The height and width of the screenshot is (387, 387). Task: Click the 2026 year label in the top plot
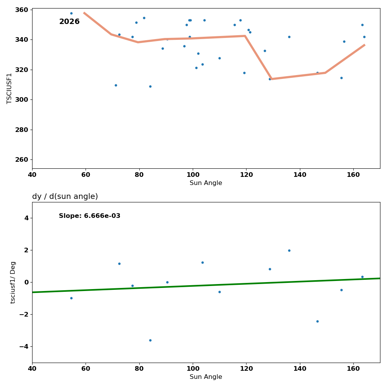click(x=69, y=22)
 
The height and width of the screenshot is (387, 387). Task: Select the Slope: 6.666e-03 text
click(x=89, y=216)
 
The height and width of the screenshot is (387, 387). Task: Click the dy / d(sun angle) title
click(x=65, y=197)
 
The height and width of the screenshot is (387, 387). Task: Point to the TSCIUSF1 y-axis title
click(x=9, y=88)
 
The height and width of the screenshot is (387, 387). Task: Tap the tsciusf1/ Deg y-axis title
click(x=13, y=282)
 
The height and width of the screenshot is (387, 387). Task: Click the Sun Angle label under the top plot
click(x=206, y=183)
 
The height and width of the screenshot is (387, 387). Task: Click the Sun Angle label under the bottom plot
click(x=206, y=377)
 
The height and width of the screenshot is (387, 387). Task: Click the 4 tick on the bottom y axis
click(x=26, y=218)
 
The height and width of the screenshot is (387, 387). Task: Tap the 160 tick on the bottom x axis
click(x=353, y=368)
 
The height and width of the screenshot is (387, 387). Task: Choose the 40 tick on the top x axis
click(x=32, y=175)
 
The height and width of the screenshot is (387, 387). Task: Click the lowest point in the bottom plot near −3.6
click(x=150, y=340)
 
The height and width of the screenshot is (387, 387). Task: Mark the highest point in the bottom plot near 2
click(x=289, y=250)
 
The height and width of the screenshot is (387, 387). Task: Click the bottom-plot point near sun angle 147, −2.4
click(x=317, y=321)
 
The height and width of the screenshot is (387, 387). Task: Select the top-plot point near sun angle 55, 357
click(x=71, y=13)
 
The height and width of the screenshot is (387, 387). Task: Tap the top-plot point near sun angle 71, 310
click(x=116, y=85)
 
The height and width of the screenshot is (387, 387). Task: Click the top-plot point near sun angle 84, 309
click(x=150, y=86)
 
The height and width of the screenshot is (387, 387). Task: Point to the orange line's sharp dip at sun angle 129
click(x=271, y=79)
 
